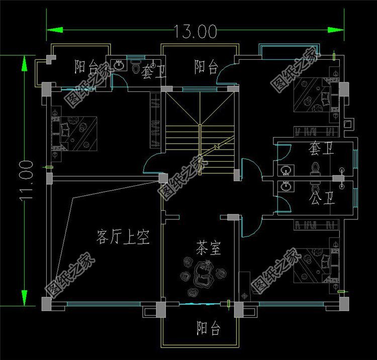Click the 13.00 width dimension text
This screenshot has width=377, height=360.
(x=196, y=31)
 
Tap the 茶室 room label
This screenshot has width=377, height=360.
(x=209, y=248)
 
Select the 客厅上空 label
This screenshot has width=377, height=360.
(x=123, y=236)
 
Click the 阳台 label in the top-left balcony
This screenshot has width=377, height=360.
(x=86, y=66)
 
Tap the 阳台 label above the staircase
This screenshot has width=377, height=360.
(x=206, y=67)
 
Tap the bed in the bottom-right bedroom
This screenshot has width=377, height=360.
(x=314, y=261)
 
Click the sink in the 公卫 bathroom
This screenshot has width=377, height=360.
(x=287, y=187)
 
